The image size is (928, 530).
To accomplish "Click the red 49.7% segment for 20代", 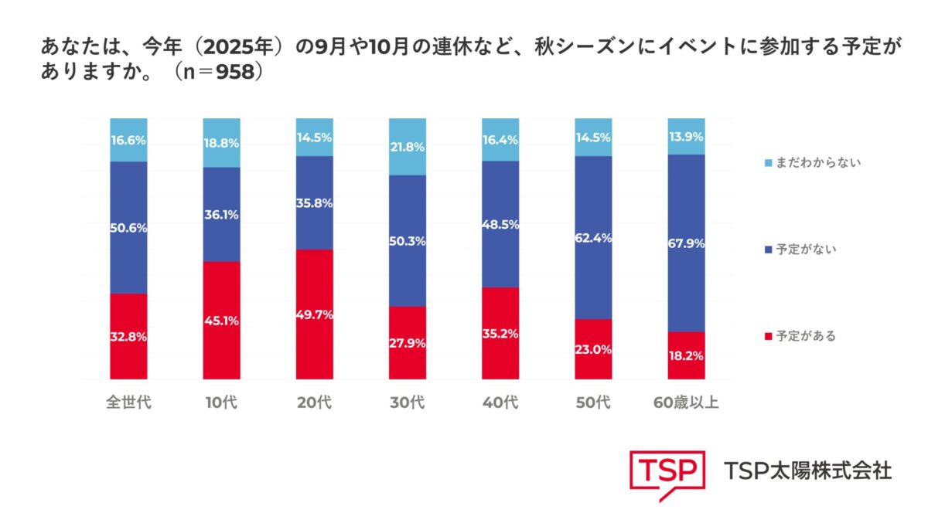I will pos(315,314).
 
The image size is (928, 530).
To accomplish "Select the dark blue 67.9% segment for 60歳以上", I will pos(686,243).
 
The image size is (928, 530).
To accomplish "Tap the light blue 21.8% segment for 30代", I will pos(408,147).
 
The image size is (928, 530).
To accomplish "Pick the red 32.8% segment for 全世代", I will pos(128,336).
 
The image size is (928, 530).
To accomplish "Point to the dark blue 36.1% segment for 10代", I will pos(221,214).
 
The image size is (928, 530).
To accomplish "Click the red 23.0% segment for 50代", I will pos(593,348).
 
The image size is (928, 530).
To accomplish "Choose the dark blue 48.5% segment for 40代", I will pos(500,224).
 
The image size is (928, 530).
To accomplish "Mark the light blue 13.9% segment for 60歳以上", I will pos(686,136).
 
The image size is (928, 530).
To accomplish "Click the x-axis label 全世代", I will pos(128,404).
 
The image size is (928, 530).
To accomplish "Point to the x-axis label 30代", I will pos(408,404).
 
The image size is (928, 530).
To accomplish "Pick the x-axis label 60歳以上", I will pos(686,404).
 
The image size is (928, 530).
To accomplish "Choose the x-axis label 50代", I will pos(593,404).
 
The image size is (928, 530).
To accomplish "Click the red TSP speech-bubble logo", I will pos(666,472).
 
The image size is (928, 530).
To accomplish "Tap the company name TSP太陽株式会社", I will pos(807,470).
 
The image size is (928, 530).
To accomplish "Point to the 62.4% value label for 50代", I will pos(593,238).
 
